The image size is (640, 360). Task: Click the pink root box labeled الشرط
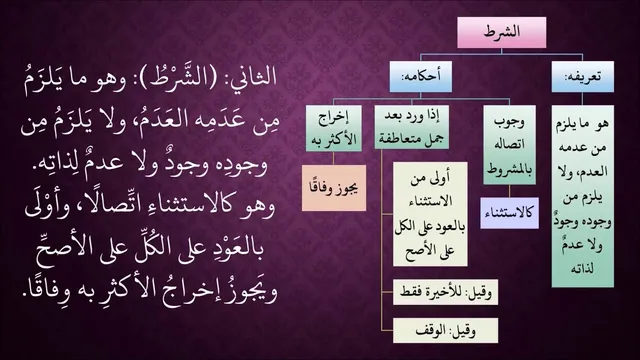[502, 32]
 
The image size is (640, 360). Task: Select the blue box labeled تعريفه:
[582, 76]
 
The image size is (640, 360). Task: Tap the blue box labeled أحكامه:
[421, 76]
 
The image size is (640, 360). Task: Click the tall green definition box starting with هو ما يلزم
[582, 196]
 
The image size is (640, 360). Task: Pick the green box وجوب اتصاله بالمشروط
[509, 145]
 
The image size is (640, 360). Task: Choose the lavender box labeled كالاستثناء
[509, 213]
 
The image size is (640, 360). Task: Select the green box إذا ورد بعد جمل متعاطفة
[411, 127]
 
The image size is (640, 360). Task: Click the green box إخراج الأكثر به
[334, 128]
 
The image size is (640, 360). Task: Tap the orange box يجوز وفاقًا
[334, 188]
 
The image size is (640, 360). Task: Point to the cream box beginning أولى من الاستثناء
[430, 214]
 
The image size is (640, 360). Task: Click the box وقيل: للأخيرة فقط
[445, 292]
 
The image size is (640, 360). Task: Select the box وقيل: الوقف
[445, 331]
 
